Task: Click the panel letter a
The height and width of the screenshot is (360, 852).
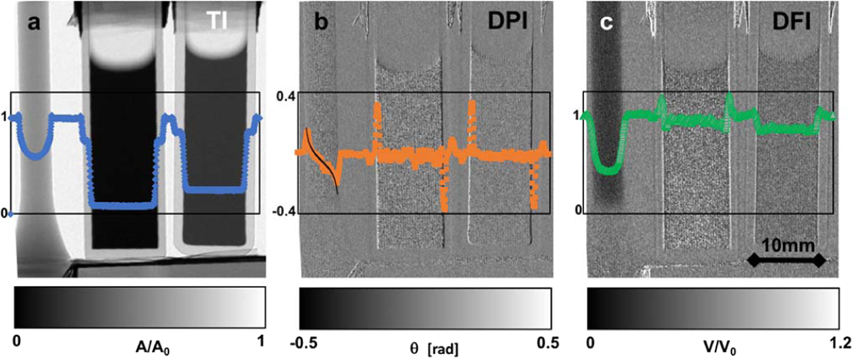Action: coord(34,23)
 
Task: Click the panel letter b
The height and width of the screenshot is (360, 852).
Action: coord(321,23)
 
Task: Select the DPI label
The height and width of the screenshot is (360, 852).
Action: coord(507,24)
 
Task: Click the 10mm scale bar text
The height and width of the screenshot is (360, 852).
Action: coord(783,244)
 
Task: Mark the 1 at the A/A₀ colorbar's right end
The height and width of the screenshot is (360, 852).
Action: coord(261,341)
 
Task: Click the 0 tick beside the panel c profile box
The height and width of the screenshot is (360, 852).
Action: coord(579,209)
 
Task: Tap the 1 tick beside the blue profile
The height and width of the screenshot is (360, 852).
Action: coord(4,117)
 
